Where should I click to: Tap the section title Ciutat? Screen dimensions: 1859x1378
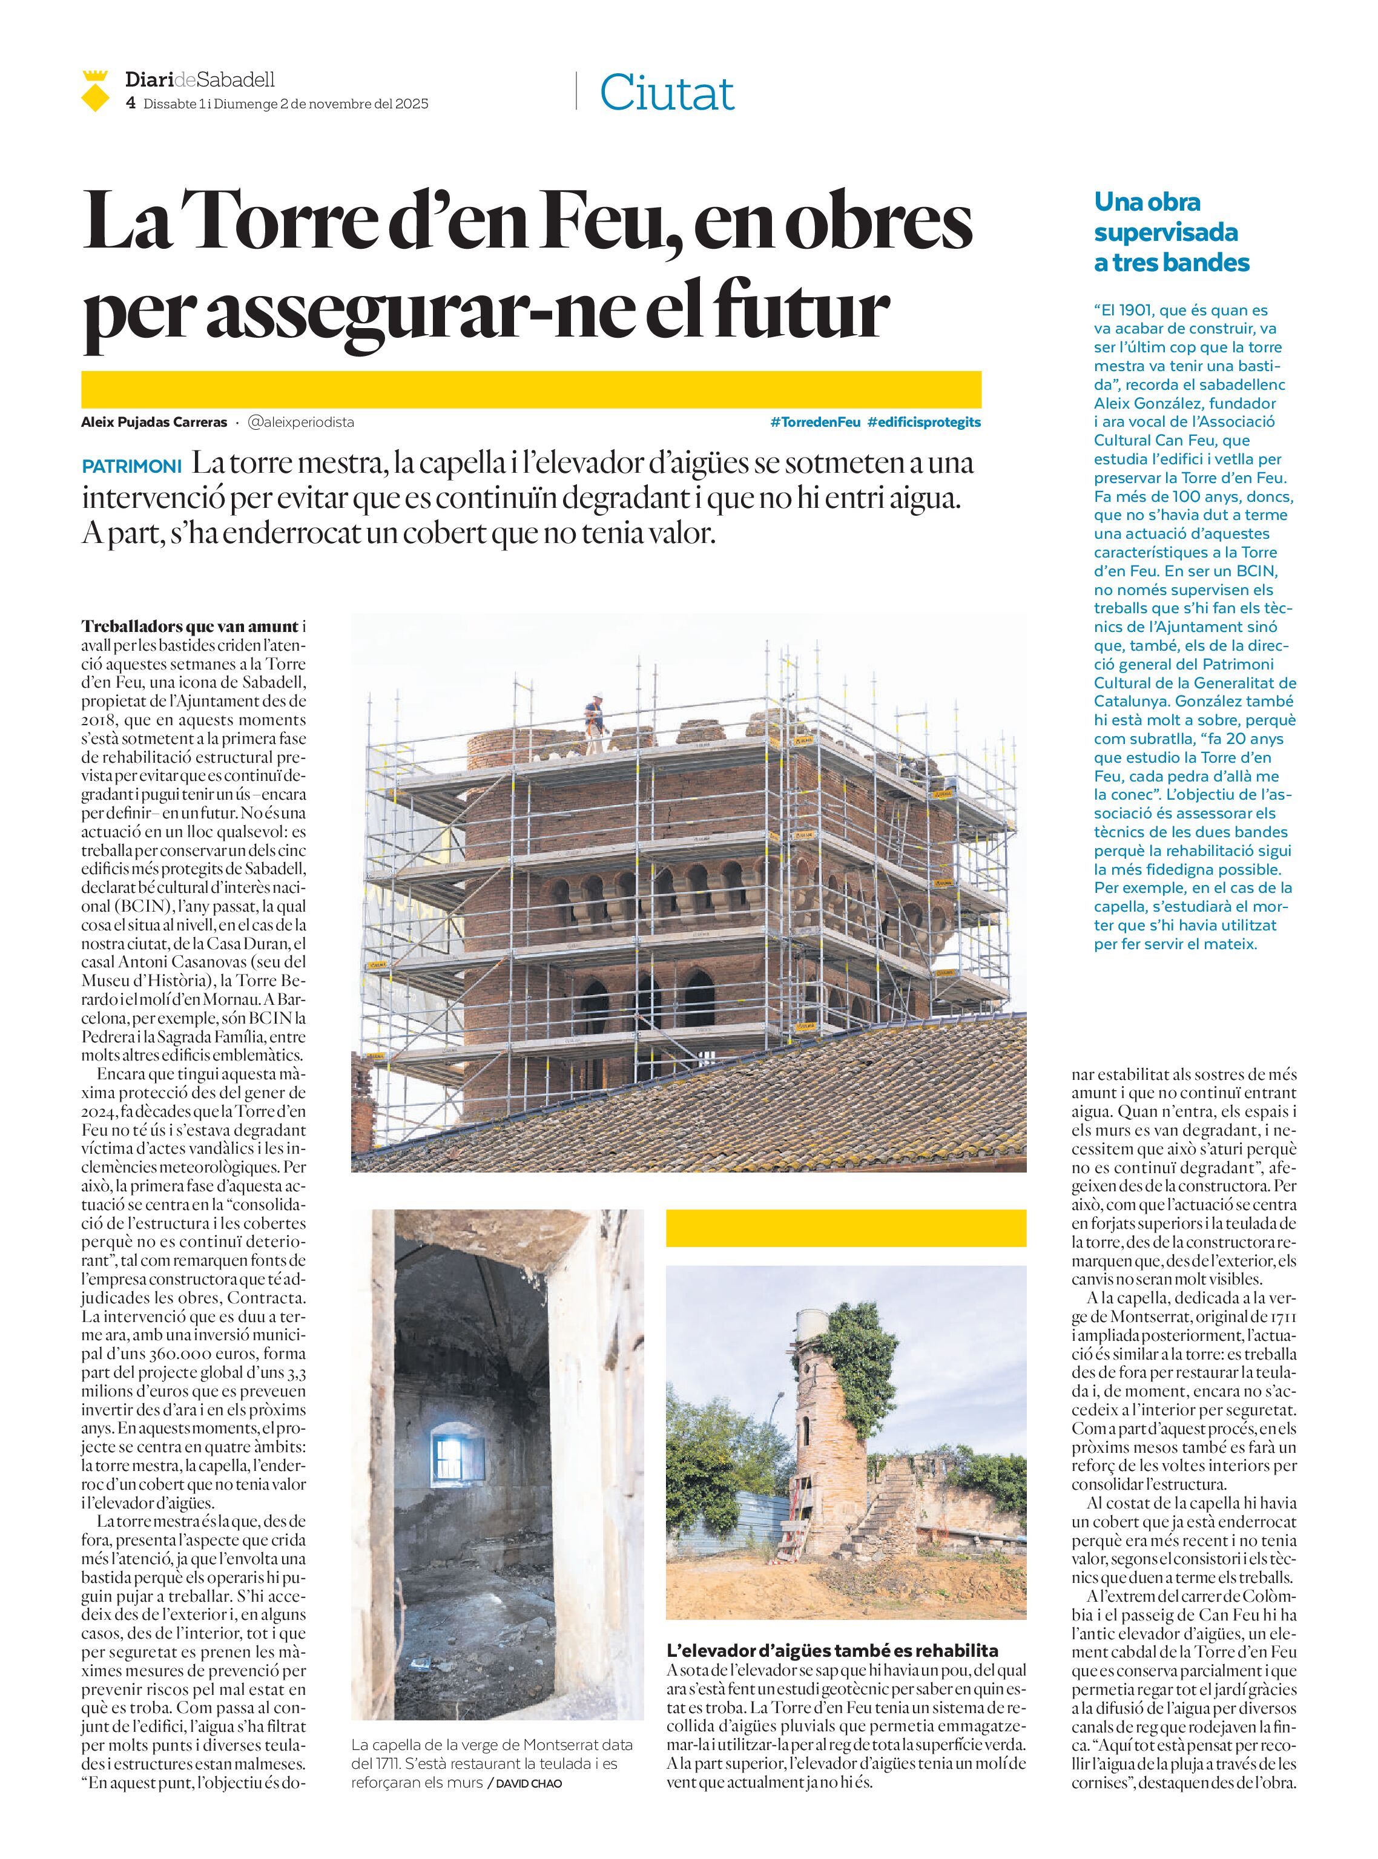click(x=667, y=93)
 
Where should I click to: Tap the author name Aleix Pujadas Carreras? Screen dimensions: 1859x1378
click(x=154, y=422)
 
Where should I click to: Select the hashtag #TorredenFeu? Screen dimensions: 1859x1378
click(x=815, y=422)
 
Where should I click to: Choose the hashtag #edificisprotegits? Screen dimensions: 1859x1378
click(x=925, y=422)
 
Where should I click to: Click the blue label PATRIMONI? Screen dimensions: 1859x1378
click(x=132, y=466)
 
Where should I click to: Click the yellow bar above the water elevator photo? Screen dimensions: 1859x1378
click(x=845, y=1228)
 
